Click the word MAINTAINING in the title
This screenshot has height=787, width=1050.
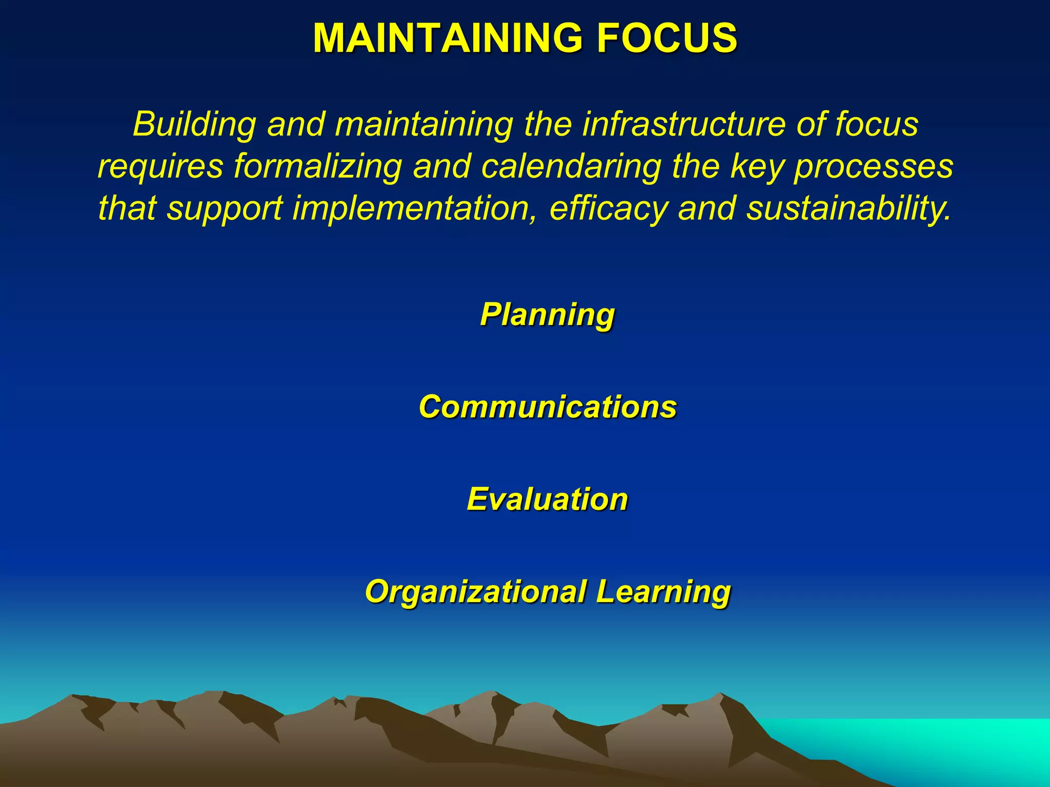tap(448, 38)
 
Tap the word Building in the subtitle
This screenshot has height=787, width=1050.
tap(194, 125)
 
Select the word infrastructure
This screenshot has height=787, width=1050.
tap(683, 125)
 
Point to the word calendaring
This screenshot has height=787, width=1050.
tap(571, 167)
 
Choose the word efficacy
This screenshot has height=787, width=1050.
tap(609, 209)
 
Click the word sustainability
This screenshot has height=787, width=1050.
tap(849, 209)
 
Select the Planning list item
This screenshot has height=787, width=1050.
tap(547, 314)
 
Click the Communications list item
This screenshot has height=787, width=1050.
tap(547, 407)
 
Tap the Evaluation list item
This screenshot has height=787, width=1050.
tap(547, 499)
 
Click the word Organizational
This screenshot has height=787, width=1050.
tap(476, 592)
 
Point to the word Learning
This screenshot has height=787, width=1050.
tap(663, 592)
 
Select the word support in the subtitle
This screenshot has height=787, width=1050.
tap(225, 209)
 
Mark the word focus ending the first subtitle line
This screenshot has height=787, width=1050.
tap(877, 125)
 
